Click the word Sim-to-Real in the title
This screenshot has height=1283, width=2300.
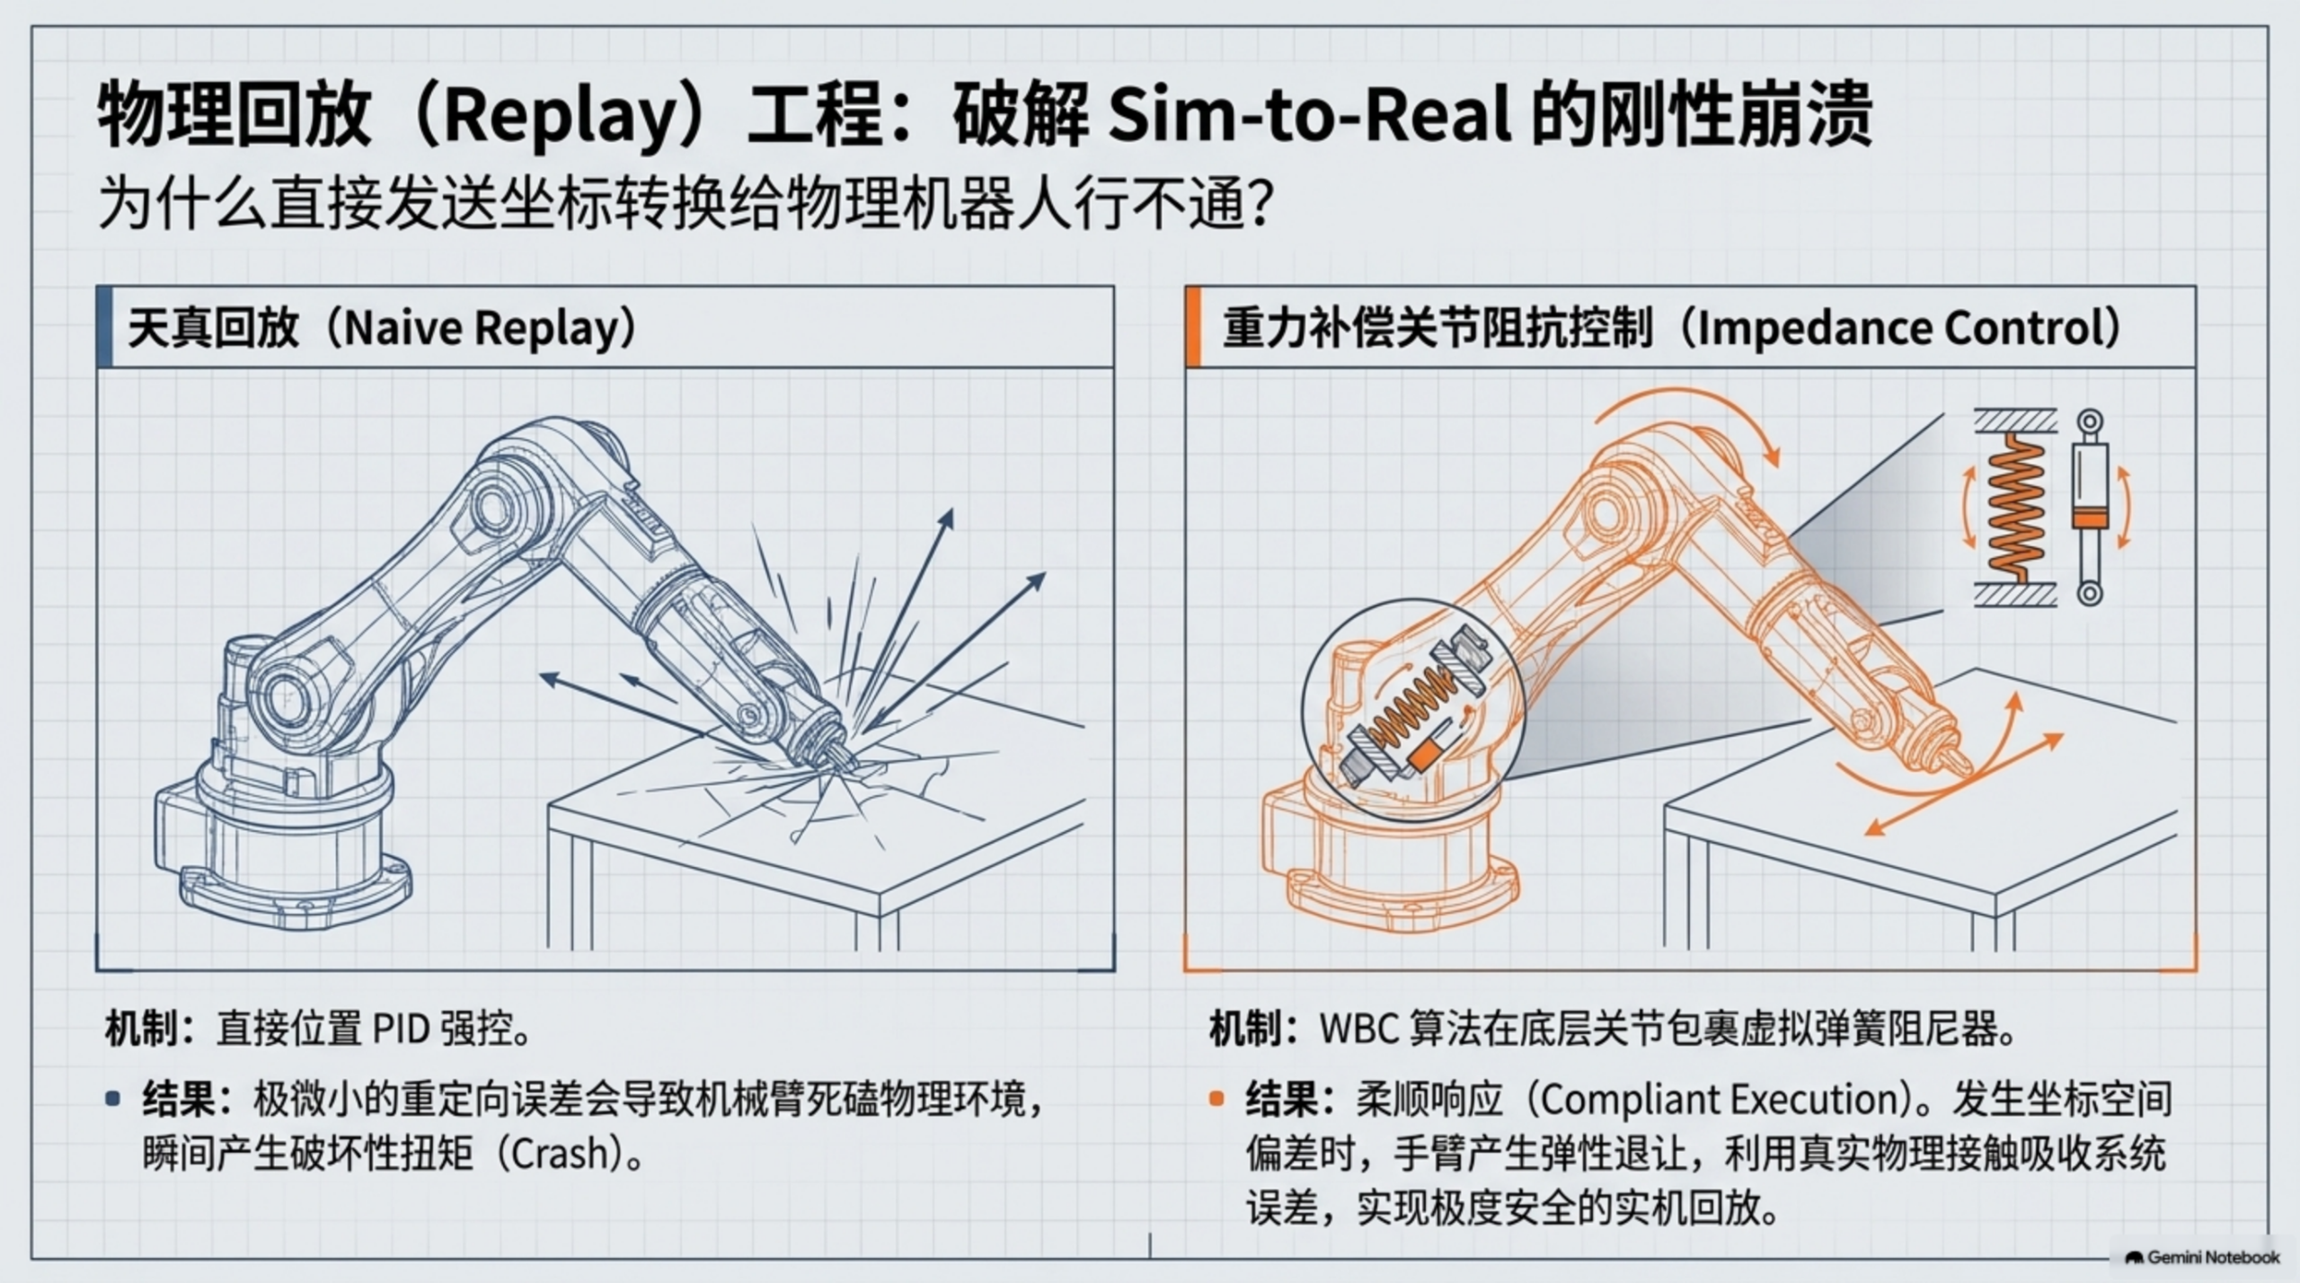point(1311,114)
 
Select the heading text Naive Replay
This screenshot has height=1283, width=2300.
point(482,329)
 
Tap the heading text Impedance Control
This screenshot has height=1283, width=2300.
point(1899,329)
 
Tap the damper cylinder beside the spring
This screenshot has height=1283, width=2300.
point(2089,508)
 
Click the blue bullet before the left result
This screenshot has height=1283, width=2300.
point(113,1098)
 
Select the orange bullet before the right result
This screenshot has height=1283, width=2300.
point(1216,1098)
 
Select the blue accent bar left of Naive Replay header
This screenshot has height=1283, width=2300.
point(104,327)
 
